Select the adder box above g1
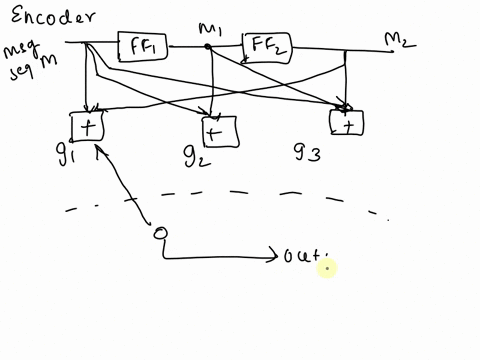[x=88, y=126]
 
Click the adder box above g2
[x=219, y=130]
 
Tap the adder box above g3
[x=347, y=122]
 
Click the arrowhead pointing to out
[x=274, y=258]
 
